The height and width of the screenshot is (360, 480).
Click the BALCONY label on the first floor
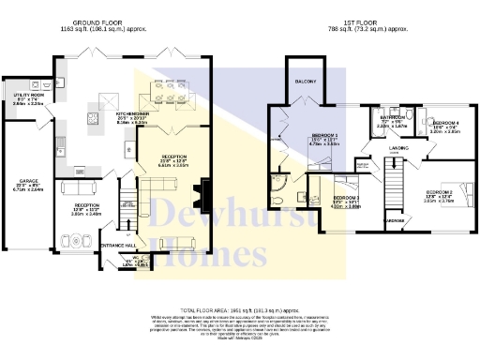(307, 82)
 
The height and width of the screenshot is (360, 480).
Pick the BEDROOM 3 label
(322, 197)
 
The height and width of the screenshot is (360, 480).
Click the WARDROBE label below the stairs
(394, 221)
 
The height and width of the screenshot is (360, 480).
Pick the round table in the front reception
(78, 242)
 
